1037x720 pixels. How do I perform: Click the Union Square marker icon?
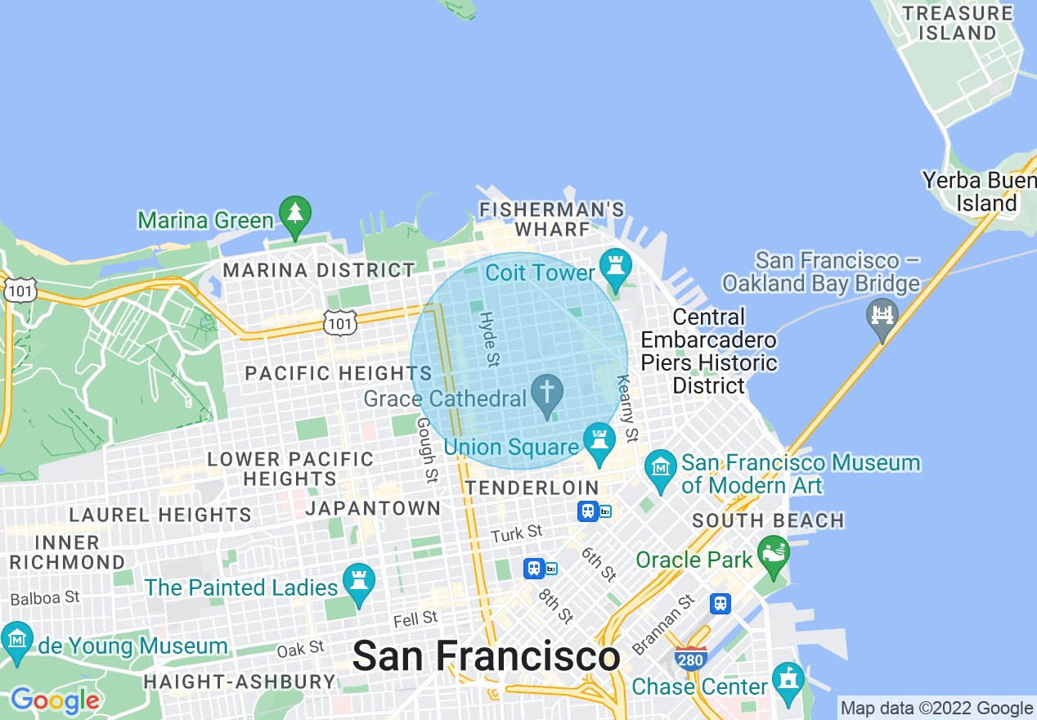tap(600, 440)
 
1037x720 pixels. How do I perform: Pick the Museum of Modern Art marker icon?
tap(659, 467)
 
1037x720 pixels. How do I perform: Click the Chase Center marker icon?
tap(788, 681)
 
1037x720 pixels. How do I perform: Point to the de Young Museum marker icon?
tap(16, 641)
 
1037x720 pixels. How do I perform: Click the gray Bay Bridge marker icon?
tap(882, 315)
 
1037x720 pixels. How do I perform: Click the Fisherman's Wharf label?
tap(553, 219)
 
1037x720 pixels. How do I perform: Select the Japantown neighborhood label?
tap(373, 508)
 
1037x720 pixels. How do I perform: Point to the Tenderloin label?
tap(532, 488)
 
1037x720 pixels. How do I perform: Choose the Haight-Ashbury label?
tap(239, 682)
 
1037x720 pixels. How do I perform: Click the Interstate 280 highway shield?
tap(691, 658)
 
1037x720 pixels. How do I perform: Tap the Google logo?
tap(54, 700)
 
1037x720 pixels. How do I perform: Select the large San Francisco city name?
tap(486, 656)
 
